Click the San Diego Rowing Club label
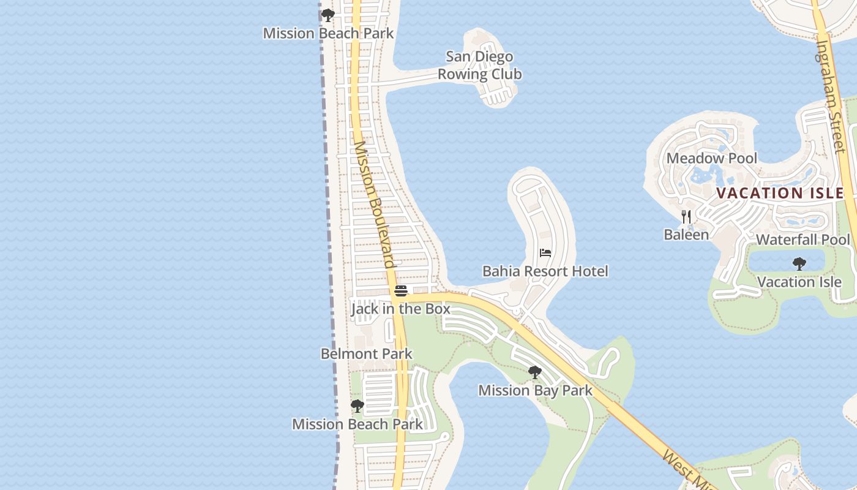(x=479, y=66)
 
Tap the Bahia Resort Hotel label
(x=545, y=271)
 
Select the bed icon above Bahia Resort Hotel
(x=545, y=252)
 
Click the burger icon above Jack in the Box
(x=401, y=290)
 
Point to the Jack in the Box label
(x=401, y=309)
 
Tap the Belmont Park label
(x=366, y=354)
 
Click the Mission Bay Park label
(x=535, y=390)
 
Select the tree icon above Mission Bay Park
(x=535, y=372)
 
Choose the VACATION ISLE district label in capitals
(x=780, y=193)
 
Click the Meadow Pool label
(x=711, y=158)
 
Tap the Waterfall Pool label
(x=803, y=239)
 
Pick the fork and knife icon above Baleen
(x=686, y=217)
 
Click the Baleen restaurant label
(x=686, y=235)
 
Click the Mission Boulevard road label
(x=373, y=205)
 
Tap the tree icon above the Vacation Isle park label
(x=799, y=264)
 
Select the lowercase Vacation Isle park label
(x=799, y=282)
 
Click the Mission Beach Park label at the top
(x=328, y=33)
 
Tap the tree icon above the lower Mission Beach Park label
(x=357, y=406)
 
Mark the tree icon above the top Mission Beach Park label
(x=328, y=15)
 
